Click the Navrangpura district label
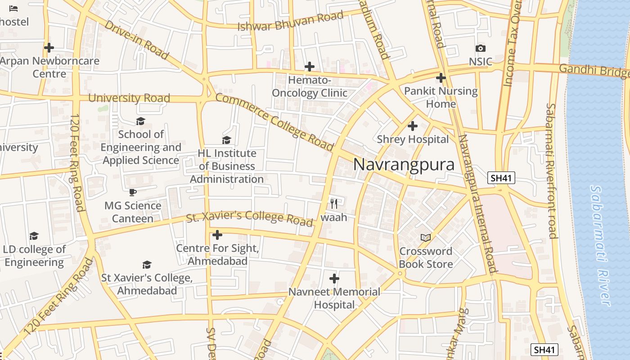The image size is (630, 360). (404, 165)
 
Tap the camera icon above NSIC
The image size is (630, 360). (480, 49)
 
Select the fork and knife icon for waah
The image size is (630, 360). (333, 203)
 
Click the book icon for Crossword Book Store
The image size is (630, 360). (425, 237)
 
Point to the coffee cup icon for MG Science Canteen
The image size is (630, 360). (132, 192)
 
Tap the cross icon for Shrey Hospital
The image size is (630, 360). (412, 126)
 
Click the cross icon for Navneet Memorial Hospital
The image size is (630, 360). (334, 279)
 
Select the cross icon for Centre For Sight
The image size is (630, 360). (217, 235)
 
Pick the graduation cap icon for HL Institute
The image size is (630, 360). (226, 140)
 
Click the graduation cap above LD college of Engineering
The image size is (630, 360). (34, 236)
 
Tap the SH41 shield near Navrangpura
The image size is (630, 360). (501, 178)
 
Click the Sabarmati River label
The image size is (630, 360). (601, 245)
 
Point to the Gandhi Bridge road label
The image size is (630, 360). (594, 71)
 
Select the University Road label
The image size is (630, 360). (129, 98)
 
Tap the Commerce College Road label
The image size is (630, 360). (274, 121)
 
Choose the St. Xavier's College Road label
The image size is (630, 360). (249, 218)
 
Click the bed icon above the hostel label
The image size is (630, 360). (13, 9)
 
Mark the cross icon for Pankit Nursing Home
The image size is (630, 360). (441, 78)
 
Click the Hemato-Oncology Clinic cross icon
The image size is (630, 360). (309, 67)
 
